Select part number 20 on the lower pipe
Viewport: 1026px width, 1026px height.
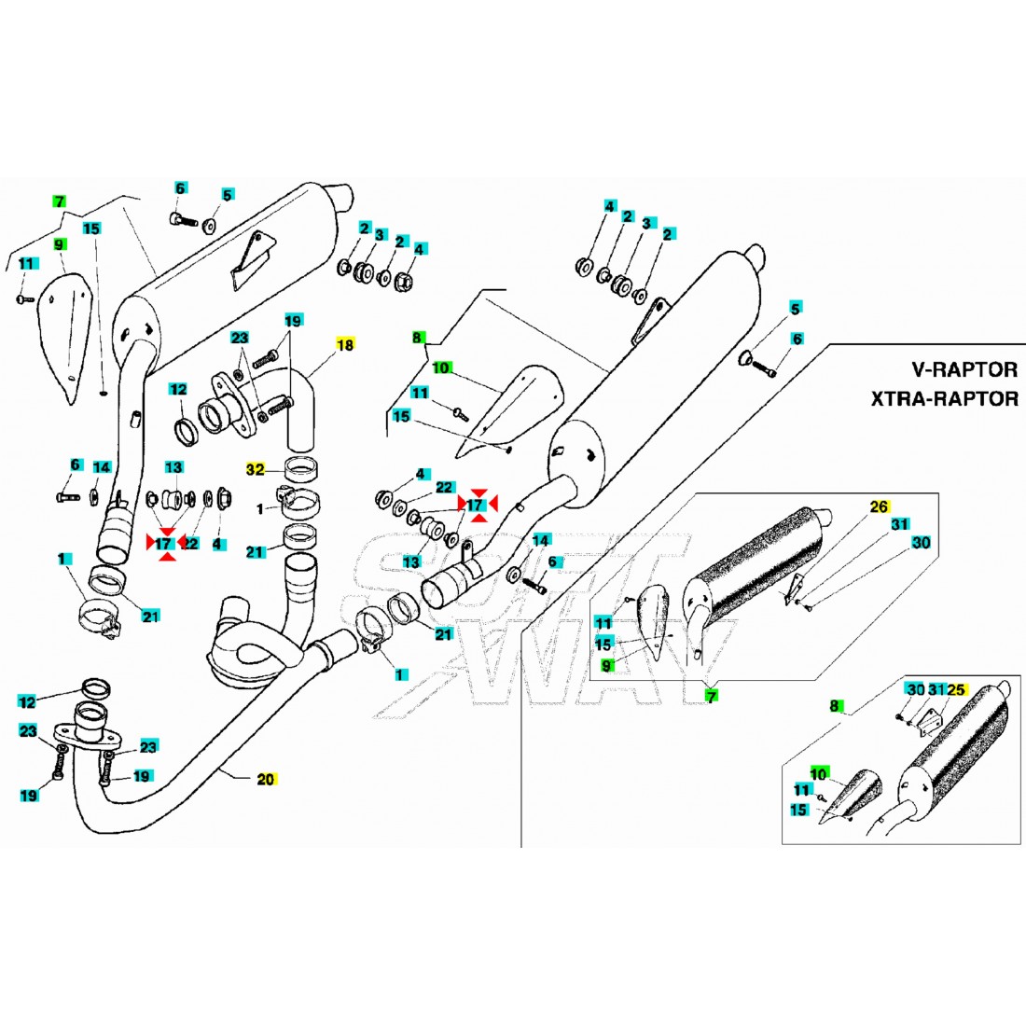pos(266,779)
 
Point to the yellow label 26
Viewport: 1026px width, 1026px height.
pos(878,507)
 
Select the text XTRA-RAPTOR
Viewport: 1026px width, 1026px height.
pos(944,398)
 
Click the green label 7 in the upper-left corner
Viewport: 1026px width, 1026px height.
pos(59,201)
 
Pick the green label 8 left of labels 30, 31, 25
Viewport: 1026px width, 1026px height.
pos(836,706)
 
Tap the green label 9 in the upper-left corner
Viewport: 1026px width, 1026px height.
pos(59,244)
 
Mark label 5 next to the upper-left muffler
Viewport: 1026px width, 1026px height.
pos(227,195)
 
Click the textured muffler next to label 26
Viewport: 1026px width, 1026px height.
pos(756,560)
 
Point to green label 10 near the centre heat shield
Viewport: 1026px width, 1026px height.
pos(440,369)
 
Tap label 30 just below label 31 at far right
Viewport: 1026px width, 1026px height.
pos(921,542)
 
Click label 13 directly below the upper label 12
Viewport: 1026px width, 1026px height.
pos(174,466)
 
